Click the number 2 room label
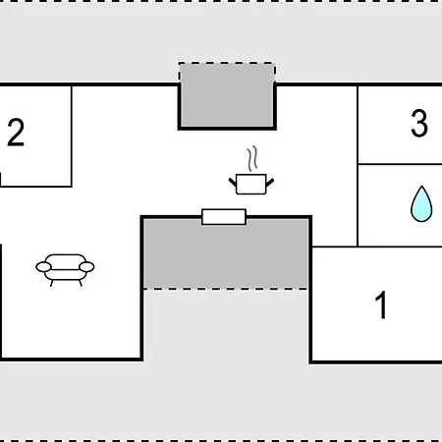(x=16, y=133)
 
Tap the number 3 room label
(x=419, y=123)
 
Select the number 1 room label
(x=381, y=304)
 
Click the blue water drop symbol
(x=421, y=204)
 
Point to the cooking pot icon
(x=251, y=184)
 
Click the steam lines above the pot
(x=252, y=159)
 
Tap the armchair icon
(x=65, y=270)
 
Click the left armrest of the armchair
(x=43, y=267)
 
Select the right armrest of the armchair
(x=86, y=267)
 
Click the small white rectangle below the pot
(x=224, y=217)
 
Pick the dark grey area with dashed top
(x=227, y=94)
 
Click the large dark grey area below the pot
(x=226, y=252)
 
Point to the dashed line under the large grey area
(x=226, y=289)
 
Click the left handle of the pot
(x=233, y=182)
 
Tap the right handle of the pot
(x=270, y=182)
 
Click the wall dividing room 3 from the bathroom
(x=400, y=164)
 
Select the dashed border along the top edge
(x=221, y=1)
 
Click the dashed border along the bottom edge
(x=221, y=440)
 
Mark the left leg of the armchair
(x=51, y=283)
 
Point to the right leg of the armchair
(x=81, y=283)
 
